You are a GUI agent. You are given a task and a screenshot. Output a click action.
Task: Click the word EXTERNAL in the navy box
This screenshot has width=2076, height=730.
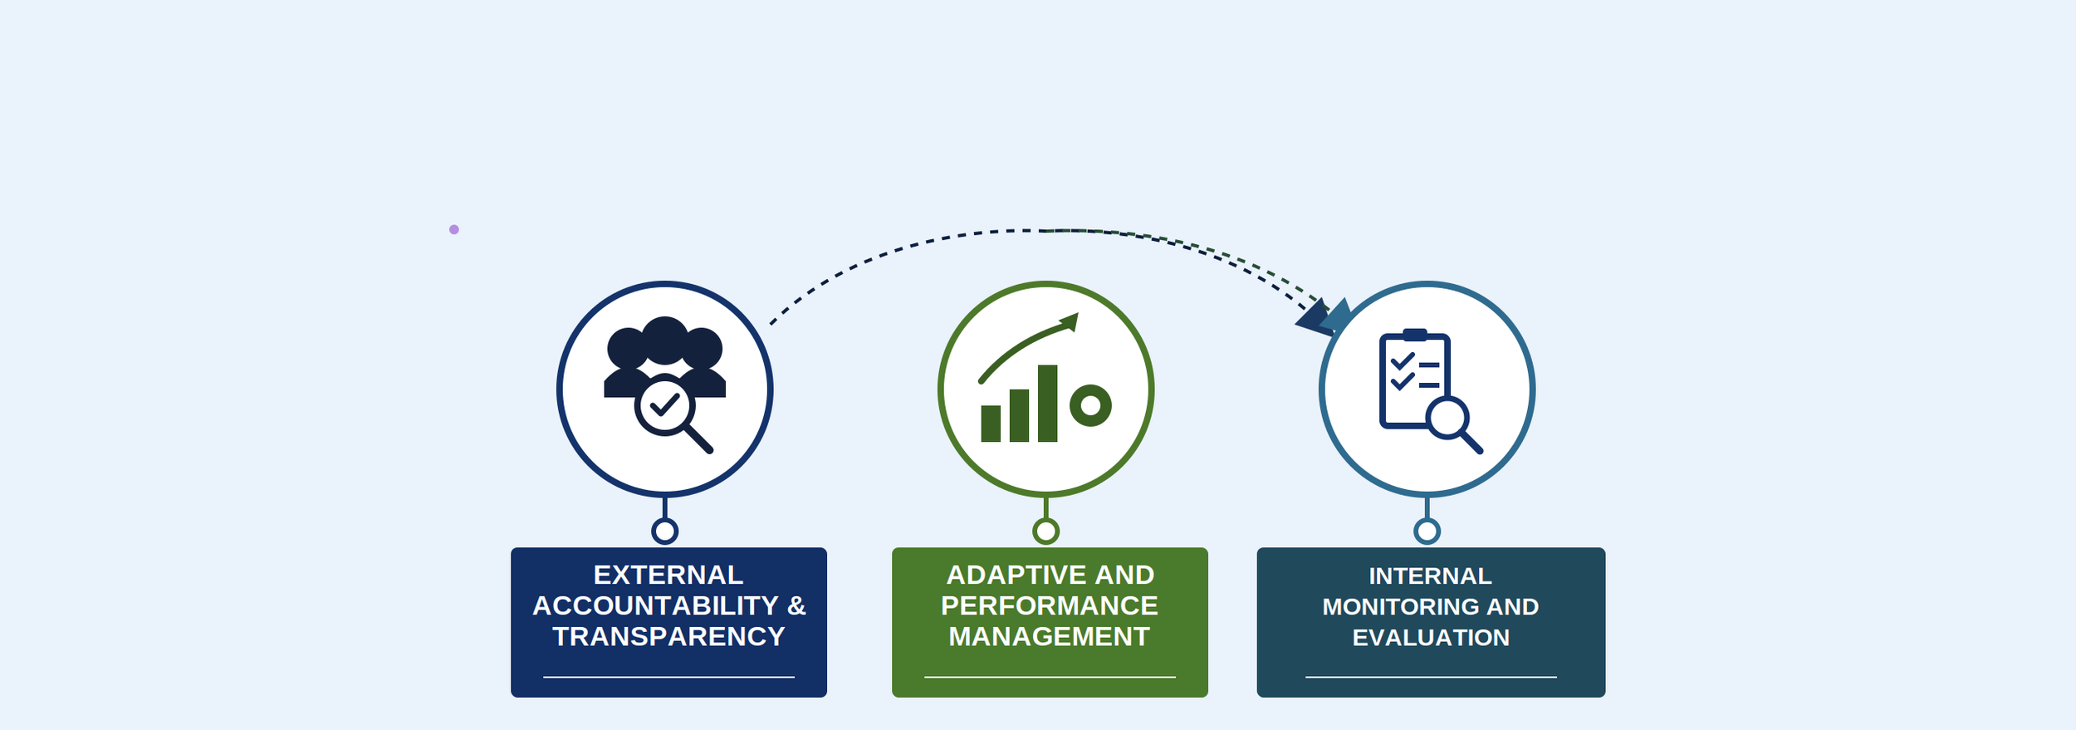(x=668, y=575)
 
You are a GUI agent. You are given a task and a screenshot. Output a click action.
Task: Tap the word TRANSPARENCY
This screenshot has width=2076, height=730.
(x=668, y=636)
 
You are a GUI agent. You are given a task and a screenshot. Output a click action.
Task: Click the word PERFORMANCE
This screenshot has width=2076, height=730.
(x=1050, y=605)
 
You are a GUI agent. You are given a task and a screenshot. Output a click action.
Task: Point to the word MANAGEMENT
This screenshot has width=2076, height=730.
(x=1050, y=636)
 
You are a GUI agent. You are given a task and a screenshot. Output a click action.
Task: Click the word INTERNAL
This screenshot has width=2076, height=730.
(x=1430, y=576)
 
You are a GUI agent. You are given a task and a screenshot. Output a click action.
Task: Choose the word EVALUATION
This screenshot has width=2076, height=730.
(x=1431, y=637)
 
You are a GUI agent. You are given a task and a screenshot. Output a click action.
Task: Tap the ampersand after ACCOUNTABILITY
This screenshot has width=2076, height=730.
(x=796, y=605)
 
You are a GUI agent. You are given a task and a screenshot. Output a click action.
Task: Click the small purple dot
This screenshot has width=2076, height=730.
(x=454, y=229)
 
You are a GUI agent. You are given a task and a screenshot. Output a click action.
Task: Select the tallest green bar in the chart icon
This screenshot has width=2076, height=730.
(x=1047, y=403)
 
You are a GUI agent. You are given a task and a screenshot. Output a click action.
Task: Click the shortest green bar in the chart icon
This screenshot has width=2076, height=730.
(x=991, y=424)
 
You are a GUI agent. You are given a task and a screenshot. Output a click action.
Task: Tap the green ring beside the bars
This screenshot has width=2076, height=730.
(x=1090, y=406)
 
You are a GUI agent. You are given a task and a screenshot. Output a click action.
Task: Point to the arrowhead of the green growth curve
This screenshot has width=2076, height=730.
(x=1070, y=321)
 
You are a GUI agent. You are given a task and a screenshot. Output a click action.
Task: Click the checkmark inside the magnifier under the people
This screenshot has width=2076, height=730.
(x=664, y=404)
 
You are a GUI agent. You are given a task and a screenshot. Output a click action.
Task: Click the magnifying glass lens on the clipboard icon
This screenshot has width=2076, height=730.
(x=1448, y=418)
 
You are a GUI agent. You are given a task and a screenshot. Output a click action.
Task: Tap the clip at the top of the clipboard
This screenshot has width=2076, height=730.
(x=1415, y=335)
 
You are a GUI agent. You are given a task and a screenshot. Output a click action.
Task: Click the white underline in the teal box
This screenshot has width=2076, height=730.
(x=1431, y=677)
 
